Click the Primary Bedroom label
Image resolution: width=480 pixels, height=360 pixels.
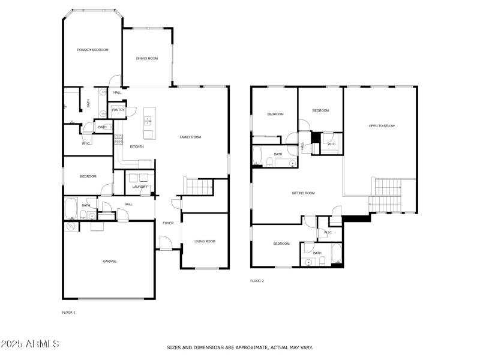click(x=93, y=50)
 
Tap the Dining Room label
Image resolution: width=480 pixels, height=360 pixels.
click(x=147, y=58)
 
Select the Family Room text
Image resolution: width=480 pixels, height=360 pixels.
click(x=190, y=137)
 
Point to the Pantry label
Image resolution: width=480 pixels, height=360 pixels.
click(x=118, y=110)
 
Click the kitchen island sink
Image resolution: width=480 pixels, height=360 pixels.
click(x=148, y=121)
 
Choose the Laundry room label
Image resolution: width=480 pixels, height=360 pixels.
click(x=140, y=187)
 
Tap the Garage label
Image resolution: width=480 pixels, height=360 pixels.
click(x=110, y=262)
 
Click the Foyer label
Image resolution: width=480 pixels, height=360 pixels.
click(x=168, y=223)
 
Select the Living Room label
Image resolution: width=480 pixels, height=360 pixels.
click(x=205, y=241)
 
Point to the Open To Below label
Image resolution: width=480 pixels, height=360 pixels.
click(x=382, y=126)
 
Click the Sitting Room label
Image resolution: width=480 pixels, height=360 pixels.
click(x=303, y=193)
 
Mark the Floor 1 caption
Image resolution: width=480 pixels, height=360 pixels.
click(x=68, y=313)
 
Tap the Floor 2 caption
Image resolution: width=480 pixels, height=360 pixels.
click(x=257, y=281)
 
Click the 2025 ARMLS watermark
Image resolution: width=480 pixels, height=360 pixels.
click(x=29, y=343)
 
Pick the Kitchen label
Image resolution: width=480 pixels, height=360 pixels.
click(x=137, y=146)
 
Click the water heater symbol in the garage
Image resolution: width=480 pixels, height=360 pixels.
click(x=71, y=226)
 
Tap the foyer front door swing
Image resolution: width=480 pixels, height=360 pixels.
click(x=166, y=243)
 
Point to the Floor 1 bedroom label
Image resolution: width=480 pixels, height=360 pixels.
click(x=88, y=176)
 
